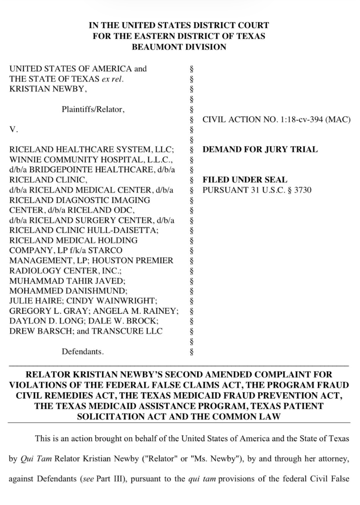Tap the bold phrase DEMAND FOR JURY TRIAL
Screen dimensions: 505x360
point(260,150)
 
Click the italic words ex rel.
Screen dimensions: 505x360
point(113,79)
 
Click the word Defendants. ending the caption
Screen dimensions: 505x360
point(82,352)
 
